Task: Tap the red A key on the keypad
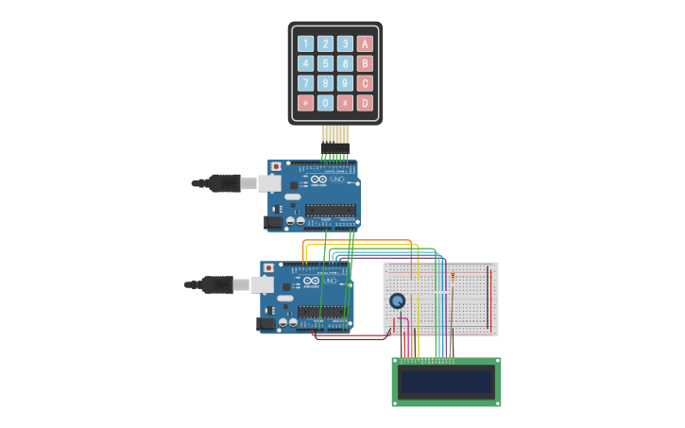coord(365,43)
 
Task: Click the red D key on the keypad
coord(365,103)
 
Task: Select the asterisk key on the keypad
coord(305,103)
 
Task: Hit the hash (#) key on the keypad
coord(345,103)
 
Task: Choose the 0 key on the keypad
coord(325,103)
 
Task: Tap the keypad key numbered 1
coord(305,43)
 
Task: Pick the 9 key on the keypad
coord(345,83)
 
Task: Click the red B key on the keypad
coord(365,63)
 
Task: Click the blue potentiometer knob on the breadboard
coord(398,300)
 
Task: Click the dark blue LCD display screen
coord(446,382)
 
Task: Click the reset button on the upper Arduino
coord(276,166)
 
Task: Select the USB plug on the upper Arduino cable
coord(224,182)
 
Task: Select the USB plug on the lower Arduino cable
coord(216,283)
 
